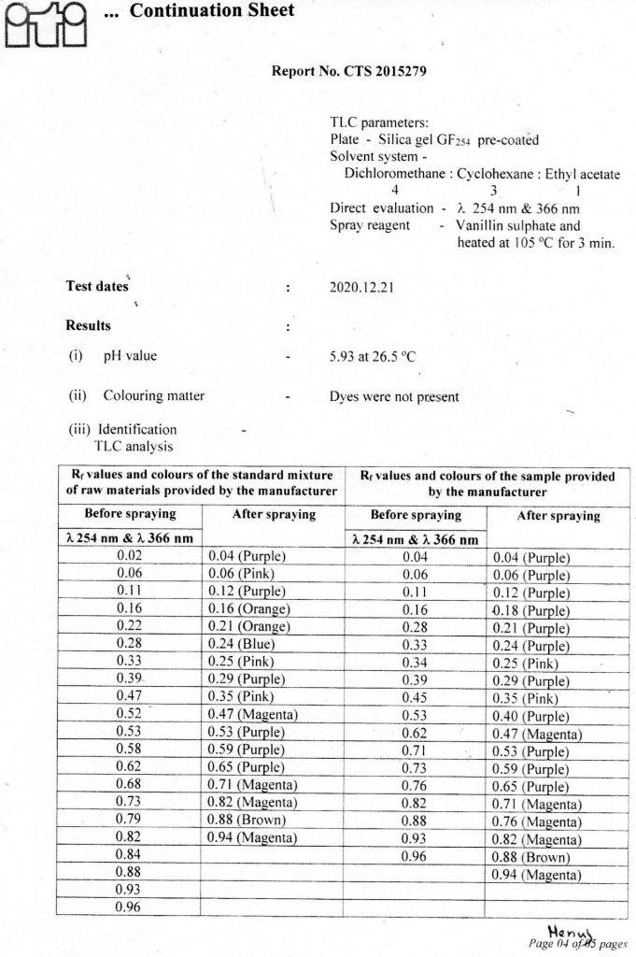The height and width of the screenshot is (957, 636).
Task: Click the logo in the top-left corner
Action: click(45, 23)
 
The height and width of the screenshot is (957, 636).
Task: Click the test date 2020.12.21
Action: click(362, 287)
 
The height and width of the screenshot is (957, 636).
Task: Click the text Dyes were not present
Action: click(394, 396)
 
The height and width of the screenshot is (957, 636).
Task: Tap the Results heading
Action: click(88, 326)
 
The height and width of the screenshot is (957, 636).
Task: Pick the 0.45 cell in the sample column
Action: click(414, 695)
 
